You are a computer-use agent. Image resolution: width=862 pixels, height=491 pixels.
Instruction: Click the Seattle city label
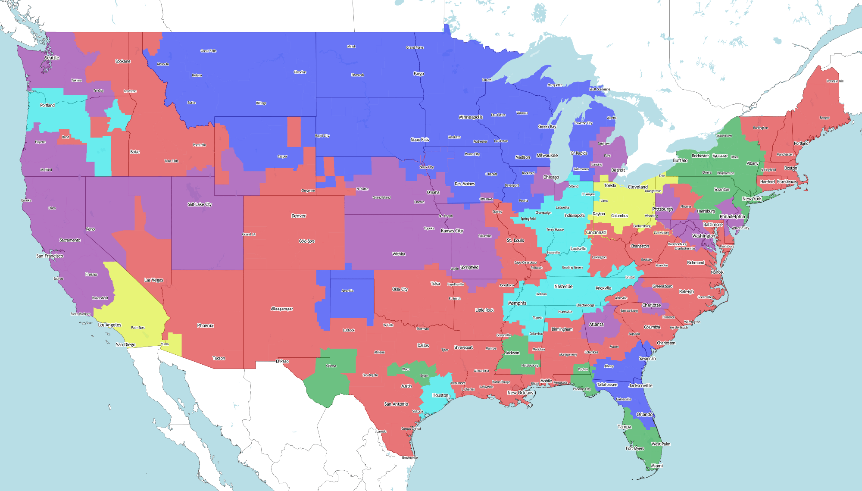[52, 58]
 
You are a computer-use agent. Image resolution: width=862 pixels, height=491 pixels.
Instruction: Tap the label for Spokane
[123, 61]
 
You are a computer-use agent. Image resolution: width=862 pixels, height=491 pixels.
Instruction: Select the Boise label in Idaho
[135, 152]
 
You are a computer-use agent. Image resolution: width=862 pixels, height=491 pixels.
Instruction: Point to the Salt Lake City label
[200, 204]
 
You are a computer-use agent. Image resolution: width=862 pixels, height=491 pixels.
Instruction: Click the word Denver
[299, 216]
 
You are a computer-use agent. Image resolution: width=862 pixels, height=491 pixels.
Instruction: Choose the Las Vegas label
[153, 280]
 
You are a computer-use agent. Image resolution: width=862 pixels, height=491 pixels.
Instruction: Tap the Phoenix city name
[205, 325]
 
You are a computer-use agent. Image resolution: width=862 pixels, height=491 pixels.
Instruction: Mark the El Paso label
[282, 361]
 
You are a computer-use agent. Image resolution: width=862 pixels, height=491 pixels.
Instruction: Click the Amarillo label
[347, 291]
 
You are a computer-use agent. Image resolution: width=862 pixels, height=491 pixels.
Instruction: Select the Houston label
[440, 395]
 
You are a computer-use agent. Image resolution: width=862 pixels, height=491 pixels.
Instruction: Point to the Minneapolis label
[471, 117]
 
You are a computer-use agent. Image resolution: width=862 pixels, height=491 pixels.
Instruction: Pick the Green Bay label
[547, 127]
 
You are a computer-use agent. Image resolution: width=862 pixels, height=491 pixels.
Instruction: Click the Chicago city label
[551, 177]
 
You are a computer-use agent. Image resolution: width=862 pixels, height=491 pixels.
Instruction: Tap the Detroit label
[618, 170]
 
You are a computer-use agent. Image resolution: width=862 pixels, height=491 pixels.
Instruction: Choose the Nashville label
[563, 286]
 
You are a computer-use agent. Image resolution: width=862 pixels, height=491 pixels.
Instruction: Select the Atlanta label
[596, 324]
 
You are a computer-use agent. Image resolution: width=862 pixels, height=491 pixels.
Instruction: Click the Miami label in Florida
[657, 466]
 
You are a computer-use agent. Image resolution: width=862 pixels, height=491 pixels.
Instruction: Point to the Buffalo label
[680, 160]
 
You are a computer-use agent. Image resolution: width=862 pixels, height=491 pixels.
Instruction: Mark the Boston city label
[790, 168]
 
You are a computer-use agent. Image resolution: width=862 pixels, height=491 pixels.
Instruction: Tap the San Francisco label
[50, 256]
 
